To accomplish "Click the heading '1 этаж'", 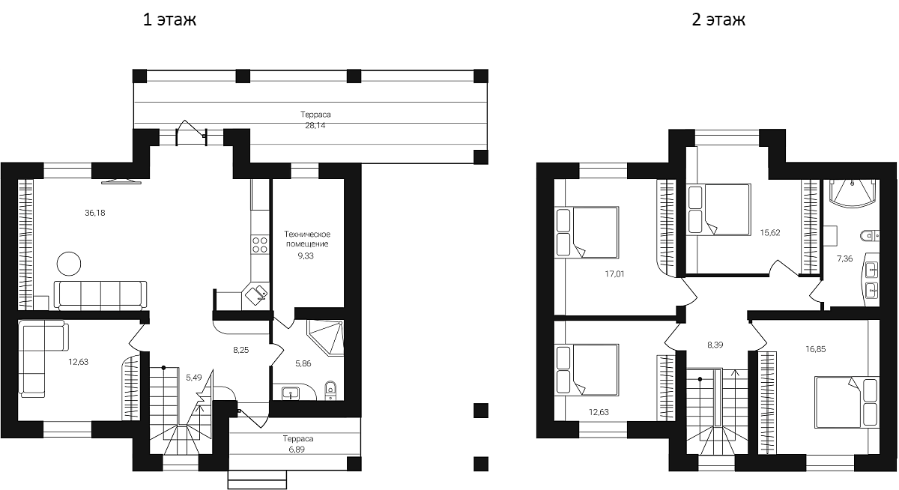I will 169,20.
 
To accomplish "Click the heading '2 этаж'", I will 718,20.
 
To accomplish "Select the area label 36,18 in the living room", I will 95,213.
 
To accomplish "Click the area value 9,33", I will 307,255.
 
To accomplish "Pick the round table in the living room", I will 70,264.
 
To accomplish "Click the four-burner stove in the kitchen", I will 260,244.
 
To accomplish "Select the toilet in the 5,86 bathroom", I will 331,388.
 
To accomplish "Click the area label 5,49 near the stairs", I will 194,377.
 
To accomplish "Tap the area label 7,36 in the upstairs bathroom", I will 845,258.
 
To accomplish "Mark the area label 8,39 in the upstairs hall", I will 716,345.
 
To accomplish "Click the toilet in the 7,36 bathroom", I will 869,236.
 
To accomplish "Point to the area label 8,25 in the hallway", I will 240,349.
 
